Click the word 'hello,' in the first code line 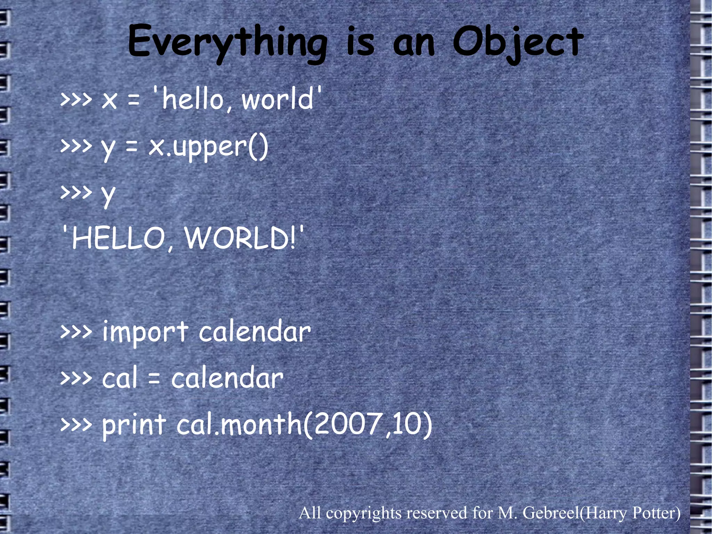click(x=193, y=99)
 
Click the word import click(x=145, y=333)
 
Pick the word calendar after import click(x=254, y=332)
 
